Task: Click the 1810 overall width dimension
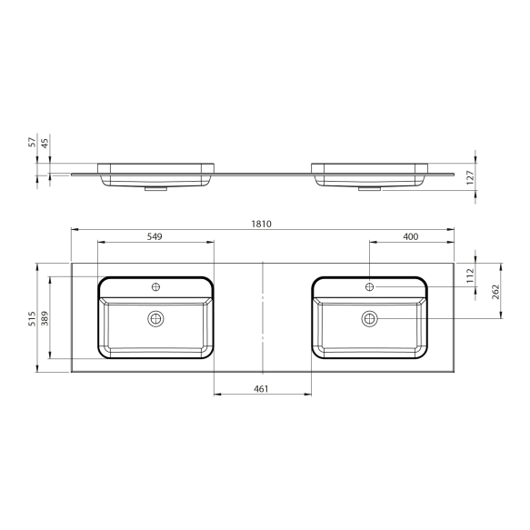pos(261,224)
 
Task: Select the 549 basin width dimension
pos(155,236)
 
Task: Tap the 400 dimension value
pos(411,236)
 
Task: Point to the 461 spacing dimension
pos(261,389)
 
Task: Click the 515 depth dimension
pos(32,319)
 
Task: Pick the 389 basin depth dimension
pos(45,318)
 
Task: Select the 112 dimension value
pos(470,275)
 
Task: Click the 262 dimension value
pos(495,292)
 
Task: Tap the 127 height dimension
pos(470,177)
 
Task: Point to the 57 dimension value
pos(32,142)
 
